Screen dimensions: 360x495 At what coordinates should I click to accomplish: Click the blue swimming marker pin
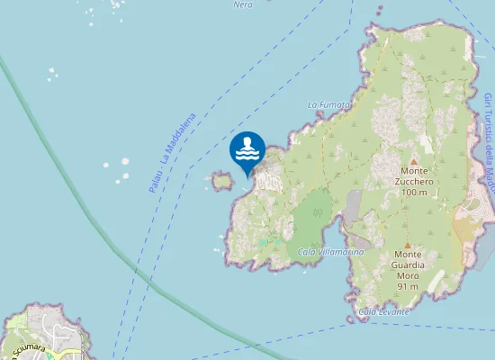coord(247,149)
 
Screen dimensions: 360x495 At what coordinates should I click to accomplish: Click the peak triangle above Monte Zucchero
coord(414,162)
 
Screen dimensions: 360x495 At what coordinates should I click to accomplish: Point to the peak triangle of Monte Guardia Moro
coord(407,245)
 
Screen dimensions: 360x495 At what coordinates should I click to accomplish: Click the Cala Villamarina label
coord(331,252)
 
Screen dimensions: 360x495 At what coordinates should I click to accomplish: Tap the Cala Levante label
coord(383,311)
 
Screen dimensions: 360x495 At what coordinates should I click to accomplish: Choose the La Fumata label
coord(328,104)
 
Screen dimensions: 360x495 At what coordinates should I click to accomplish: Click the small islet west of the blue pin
coord(221,182)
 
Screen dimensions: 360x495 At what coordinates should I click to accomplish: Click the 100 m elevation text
coord(415,193)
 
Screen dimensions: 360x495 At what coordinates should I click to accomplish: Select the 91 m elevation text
coord(408,286)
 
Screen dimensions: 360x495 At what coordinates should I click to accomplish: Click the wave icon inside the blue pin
coord(247,148)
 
